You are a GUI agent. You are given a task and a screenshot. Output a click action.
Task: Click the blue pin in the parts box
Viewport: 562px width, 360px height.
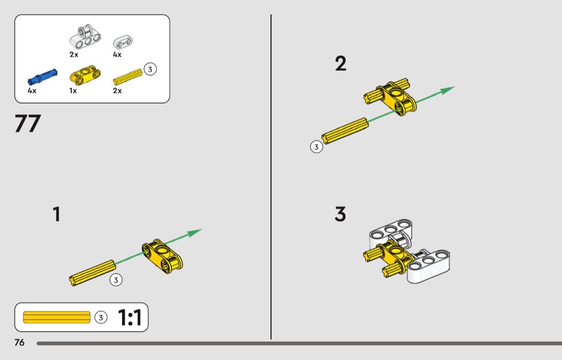click(42, 76)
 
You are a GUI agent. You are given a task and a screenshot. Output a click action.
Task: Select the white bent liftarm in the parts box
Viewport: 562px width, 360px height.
click(85, 36)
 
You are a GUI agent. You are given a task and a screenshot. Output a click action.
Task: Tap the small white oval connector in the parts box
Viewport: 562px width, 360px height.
click(123, 42)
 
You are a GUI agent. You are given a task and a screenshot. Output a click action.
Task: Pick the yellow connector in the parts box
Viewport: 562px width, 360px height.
click(85, 74)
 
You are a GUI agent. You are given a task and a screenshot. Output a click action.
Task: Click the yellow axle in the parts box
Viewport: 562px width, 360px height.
click(127, 76)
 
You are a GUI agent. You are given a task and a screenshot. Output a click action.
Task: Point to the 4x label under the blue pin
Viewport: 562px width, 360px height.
click(32, 90)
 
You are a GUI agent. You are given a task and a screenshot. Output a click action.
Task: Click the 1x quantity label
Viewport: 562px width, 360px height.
click(73, 90)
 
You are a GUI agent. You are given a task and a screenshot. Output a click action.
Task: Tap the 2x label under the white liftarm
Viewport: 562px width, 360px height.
click(74, 55)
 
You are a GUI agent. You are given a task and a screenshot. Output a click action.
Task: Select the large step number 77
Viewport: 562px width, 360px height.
click(28, 124)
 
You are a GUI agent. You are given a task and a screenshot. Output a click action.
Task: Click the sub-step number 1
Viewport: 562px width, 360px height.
click(56, 214)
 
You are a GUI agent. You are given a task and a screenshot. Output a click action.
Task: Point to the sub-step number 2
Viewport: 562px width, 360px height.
click(341, 64)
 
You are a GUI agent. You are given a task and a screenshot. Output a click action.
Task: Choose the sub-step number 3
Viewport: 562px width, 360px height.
click(340, 214)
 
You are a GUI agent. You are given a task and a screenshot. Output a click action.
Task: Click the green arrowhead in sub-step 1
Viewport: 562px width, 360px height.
click(195, 233)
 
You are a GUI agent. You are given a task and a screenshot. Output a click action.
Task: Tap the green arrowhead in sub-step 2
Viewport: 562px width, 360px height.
click(447, 90)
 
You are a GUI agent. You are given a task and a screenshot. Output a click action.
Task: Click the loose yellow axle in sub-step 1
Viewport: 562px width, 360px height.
click(93, 273)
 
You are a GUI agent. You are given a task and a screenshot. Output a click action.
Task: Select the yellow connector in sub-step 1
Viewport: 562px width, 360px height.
click(162, 256)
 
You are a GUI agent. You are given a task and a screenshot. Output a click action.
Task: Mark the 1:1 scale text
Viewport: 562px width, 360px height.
click(130, 317)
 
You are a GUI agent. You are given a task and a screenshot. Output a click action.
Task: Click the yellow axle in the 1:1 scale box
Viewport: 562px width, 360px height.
click(57, 317)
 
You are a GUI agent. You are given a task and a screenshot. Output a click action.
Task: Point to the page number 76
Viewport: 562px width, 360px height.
click(19, 342)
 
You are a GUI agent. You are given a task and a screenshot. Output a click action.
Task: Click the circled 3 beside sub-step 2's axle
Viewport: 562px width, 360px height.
click(316, 147)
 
